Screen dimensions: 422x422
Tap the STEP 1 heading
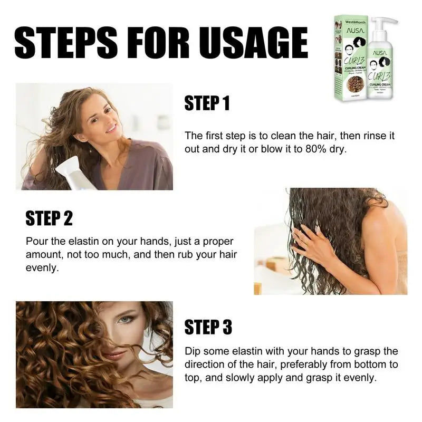point(207,103)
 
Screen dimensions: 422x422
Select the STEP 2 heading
point(49,218)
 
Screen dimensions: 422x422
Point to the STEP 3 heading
point(208,327)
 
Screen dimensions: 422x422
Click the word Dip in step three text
point(193,351)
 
